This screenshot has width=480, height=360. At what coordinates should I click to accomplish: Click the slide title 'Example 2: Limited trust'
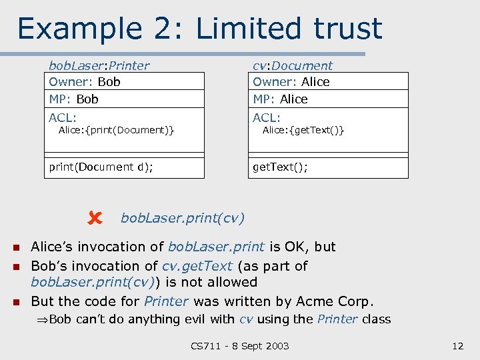(199, 28)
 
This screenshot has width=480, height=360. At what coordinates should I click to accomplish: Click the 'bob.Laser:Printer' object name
(99, 65)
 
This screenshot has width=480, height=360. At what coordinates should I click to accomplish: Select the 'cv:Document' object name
(292, 65)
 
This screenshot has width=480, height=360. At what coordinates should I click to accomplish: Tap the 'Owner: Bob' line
(85, 82)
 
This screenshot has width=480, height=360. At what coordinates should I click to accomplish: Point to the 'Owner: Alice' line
(291, 82)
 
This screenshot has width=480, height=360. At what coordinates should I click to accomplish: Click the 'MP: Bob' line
(73, 99)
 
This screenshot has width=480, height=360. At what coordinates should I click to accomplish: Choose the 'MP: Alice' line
(280, 99)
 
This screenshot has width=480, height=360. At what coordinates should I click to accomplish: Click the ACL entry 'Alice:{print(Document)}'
(117, 130)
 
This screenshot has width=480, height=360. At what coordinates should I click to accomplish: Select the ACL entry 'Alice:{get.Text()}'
(303, 130)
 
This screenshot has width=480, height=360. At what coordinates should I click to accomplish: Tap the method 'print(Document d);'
(101, 167)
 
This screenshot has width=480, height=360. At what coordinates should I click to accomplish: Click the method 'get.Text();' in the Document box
(280, 167)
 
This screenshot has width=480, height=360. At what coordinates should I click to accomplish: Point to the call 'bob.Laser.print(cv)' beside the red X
(182, 218)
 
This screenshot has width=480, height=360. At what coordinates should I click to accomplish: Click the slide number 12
(457, 346)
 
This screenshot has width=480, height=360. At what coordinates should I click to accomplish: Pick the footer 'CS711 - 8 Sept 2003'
(240, 346)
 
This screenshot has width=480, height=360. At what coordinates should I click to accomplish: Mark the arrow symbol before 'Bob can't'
(43, 320)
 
